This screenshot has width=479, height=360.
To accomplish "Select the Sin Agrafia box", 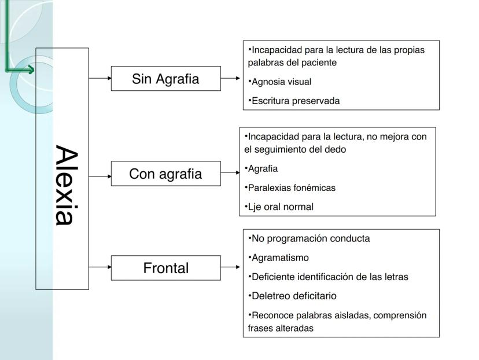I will tap(165, 79).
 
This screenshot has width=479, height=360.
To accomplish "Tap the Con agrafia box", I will tap(165, 174).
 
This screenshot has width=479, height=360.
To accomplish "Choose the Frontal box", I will tap(165, 268).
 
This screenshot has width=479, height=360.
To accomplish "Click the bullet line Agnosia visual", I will tap(281, 82).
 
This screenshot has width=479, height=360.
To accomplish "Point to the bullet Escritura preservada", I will tap(295, 101).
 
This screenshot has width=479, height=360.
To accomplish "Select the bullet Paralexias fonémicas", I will tap(291, 188).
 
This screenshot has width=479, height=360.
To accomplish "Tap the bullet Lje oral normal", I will tap(280, 207).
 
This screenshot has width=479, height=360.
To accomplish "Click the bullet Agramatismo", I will tap(280, 258).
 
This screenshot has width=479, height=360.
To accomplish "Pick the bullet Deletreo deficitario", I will tap(293, 296).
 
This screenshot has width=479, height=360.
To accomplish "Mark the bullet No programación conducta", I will tap(310, 238).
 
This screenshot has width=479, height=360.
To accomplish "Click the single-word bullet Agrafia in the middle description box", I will tap(263, 168).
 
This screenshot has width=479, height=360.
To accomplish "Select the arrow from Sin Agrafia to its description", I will tap(231, 78).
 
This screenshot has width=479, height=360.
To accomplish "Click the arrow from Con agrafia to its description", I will tap(230, 172).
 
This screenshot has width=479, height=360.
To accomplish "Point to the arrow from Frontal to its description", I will tap(231, 267).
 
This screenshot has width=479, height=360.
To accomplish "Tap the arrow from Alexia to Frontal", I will tap(100, 267).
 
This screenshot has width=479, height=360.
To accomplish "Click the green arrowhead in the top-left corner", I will tap(29, 70).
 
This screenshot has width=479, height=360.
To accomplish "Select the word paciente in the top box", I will tap(320, 63).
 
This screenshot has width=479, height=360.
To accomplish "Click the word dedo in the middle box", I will tap(336, 149).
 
